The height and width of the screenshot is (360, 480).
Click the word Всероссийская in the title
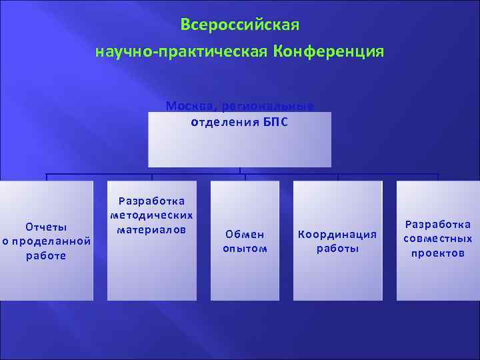pyautogui.click(x=240, y=25)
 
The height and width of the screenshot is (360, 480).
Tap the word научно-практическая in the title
pyautogui.click(x=181, y=51)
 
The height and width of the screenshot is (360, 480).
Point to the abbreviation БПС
pyautogui.click(x=275, y=123)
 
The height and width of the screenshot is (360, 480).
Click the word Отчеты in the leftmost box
pyautogui.click(x=46, y=227)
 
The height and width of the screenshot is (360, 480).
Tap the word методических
pyautogui.click(x=152, y=215)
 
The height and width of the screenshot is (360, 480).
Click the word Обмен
pyautogui.click(x=245, y=234)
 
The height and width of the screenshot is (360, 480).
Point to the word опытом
pyautogui.click(x=245, y=249)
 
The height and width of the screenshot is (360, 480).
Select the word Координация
pyautogui.click(x=337, y=234)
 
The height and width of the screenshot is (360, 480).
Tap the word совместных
pyautogui.click(x=438, y=239)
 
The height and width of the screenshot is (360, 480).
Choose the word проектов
pyautogui.click(x=438, y=253)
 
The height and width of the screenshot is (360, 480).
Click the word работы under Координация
pyautogui.click(x=337, y=249)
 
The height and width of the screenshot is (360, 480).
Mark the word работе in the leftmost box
pyautogui.click(x=46, y=256)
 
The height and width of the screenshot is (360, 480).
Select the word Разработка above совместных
pyautogui.click(x=438, y=224)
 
